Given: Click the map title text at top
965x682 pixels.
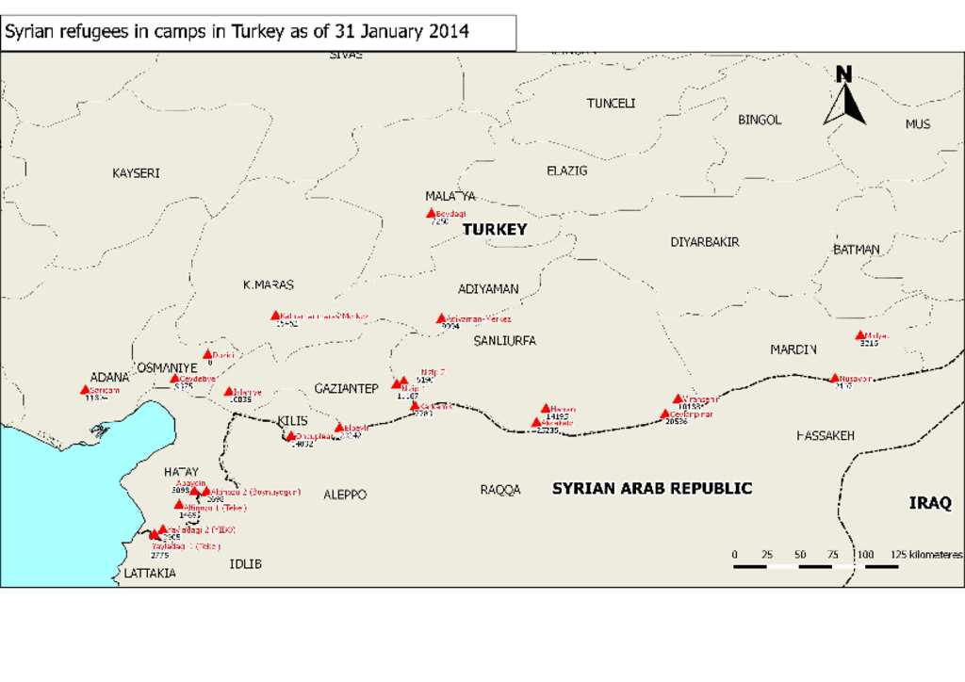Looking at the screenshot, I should (237, 32).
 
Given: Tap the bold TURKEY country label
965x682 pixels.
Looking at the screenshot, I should (495, 229).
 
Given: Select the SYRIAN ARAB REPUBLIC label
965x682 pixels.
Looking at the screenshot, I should (651, 488).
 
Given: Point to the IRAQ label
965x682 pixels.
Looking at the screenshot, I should (930, 503).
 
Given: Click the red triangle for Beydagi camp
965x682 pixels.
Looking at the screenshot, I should (432, 213).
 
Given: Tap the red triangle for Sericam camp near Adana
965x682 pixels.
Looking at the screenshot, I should (85, 390).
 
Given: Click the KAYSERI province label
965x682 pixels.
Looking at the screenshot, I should (136, 173).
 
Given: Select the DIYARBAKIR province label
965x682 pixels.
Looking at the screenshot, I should (704, 242).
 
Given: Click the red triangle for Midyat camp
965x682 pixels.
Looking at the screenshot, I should (859, 335).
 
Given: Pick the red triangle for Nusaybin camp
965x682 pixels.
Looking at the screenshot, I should (834, 379).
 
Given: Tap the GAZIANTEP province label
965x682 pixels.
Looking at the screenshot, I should (346, 388).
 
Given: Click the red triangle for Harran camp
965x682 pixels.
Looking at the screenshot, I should (546, 409).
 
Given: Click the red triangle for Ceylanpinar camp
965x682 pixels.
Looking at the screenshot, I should (665, 414).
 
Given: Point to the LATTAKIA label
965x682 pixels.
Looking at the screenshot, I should (149, 573).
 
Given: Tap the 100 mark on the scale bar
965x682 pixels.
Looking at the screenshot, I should (865, 555).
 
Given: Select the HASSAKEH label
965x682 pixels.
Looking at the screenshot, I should (825, 436).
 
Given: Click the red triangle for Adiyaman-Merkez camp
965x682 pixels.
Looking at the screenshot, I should (440, 318).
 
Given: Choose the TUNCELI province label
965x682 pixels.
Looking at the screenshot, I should (611, 104).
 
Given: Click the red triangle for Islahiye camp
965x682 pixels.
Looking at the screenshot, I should (228, 391).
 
